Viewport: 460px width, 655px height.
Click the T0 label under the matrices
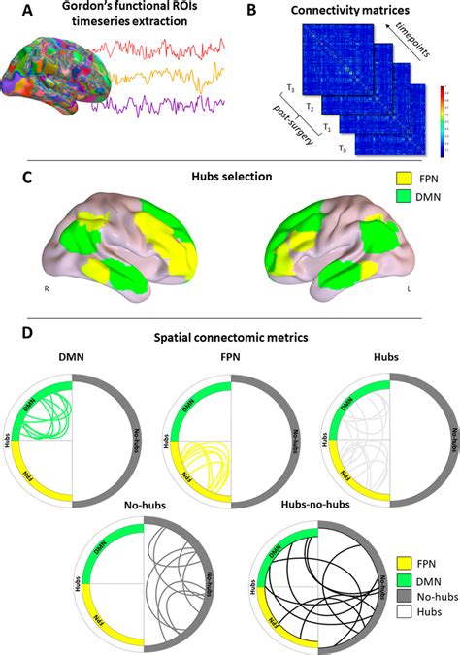point(342,148)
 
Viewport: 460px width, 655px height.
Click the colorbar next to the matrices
point(444,120)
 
